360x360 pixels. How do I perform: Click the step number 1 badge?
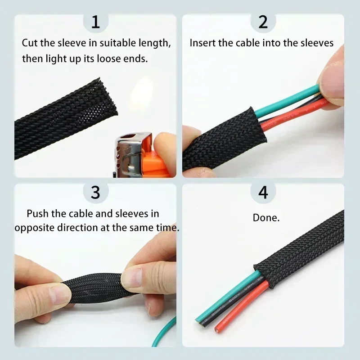[95, 22]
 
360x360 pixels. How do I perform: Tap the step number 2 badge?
[263, 22]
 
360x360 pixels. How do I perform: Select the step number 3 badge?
[95, 192]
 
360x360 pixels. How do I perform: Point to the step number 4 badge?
[263, 192]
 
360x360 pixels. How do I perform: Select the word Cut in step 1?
[30, 44]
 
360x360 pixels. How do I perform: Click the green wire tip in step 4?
[199, 319]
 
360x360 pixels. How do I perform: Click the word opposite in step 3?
[34, 228]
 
